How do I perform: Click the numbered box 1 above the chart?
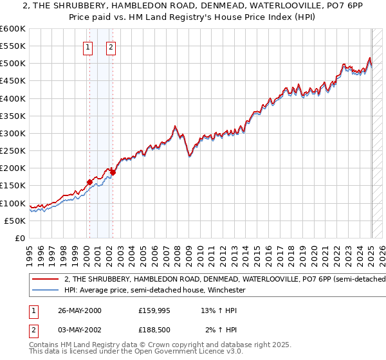pyautogui.click(x=87, y=46)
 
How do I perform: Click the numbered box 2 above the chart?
pyautogui.click(x=111, y=46)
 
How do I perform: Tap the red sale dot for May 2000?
pyautogui.click(x=89, y=182)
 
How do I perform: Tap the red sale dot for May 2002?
pyautogui.click(x=113, y=172)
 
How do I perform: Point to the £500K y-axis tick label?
pyautogui.click(x=13, y=64)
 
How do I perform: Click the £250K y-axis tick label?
pyautogui.click(x=13, y=151)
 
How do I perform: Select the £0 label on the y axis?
pyautogui.click(x=21, y=238)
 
